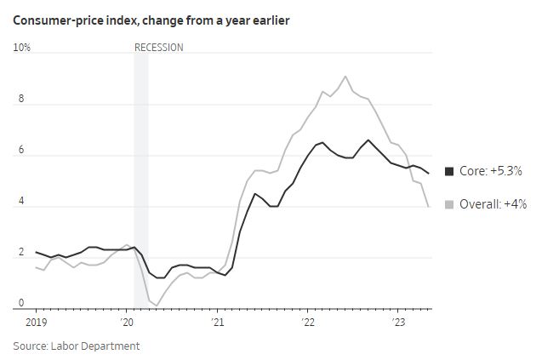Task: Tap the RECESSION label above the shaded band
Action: [x=159, y=48]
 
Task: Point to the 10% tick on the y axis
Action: [x=22, y=48]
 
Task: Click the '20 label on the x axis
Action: [x=127, y=323]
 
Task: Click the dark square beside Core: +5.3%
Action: [x=450, y=171]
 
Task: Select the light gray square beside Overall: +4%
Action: [x=450, y=204]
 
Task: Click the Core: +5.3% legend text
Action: [x=491, y=171]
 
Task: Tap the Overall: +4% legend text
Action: [x=493, y=204]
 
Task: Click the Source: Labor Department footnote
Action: [x=77, y=346]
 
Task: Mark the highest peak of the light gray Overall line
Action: [x=345, y=77]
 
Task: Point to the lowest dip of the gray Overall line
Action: [x=157, y=305]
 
